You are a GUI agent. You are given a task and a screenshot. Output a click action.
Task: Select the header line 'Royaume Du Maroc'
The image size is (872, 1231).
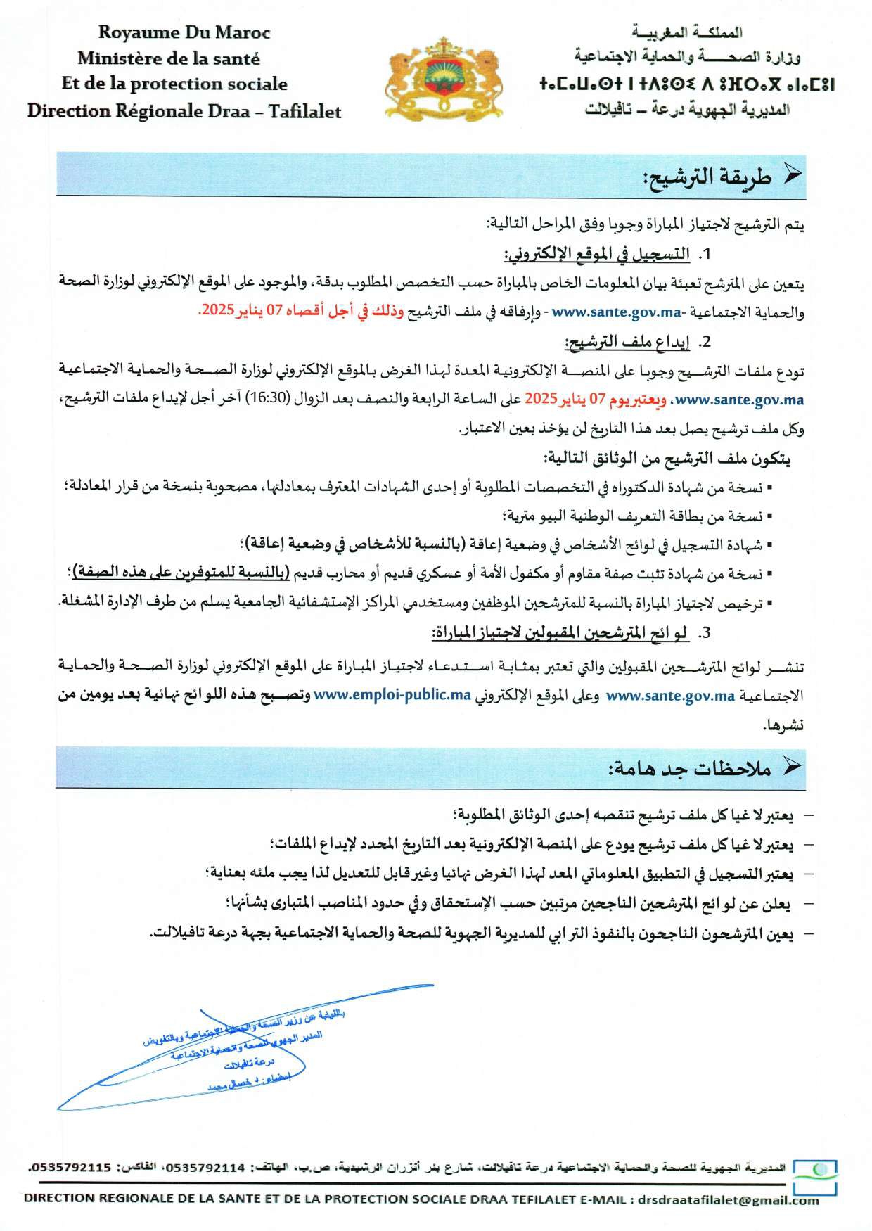(184, 32)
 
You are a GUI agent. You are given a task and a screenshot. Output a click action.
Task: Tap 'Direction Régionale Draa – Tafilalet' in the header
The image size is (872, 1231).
(184, 111)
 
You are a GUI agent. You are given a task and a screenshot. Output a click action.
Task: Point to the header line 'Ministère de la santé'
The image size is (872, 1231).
(169, 58)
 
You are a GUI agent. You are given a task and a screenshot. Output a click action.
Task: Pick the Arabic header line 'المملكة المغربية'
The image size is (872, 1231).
(687, 32)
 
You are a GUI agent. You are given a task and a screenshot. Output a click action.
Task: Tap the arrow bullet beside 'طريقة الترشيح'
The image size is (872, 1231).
(793, 176)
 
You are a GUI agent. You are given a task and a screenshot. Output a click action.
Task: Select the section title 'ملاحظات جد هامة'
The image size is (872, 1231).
(690, 769)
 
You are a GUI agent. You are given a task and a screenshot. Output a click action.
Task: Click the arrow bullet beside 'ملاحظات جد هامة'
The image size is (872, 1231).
(793, 767)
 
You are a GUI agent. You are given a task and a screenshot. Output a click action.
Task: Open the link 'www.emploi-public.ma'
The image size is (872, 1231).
(392, 695)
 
